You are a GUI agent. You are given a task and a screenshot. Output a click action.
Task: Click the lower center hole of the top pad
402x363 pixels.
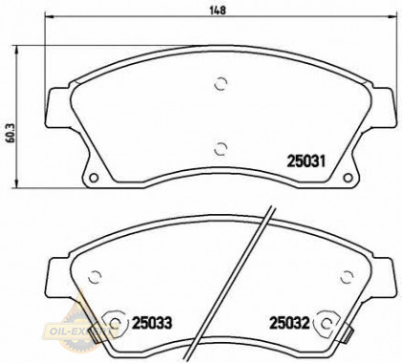coord(222,146)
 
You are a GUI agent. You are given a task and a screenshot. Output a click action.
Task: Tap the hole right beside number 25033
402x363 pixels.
coord(117,321)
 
